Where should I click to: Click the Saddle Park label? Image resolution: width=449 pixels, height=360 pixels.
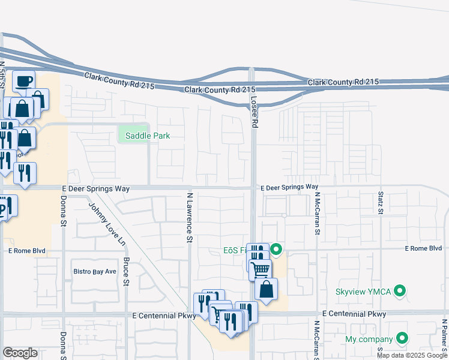tap(147, 136)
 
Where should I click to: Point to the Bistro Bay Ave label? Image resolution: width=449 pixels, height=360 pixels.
tap(94, 272)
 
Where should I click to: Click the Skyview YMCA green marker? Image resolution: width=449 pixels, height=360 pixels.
tap(402, 292)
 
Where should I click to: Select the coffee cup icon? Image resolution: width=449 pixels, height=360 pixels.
tap(24, 81)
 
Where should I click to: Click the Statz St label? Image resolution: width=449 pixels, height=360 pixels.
tap(381, 203)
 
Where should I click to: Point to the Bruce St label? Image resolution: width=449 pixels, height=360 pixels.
tap(126, 271)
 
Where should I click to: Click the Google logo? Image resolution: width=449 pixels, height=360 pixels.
tap(20, 353)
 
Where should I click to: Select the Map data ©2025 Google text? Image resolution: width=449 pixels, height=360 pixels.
tap(412, 355)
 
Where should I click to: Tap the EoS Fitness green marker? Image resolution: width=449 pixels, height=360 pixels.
tap(276, 248)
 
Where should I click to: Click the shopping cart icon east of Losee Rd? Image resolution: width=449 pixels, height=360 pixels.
tap(261, 269)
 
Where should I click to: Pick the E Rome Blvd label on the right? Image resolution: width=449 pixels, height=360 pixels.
tap(423, 248)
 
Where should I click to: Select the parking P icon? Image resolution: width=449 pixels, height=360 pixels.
tap(4, 208)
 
